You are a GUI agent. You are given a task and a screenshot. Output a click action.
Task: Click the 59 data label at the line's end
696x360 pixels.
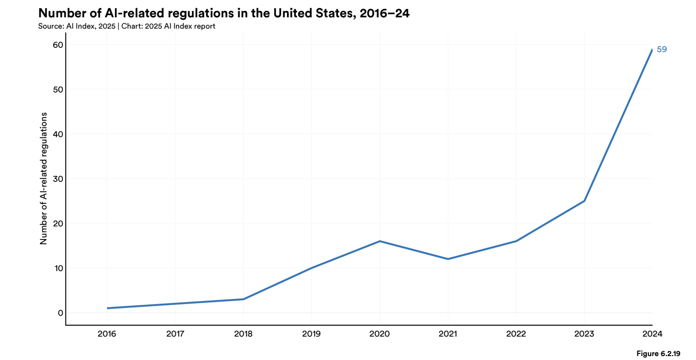(x=661, y=49)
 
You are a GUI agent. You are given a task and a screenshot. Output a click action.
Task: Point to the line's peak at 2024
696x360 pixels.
(x=652, y=50)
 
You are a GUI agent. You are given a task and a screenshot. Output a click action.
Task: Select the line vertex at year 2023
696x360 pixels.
(x=584, y=201)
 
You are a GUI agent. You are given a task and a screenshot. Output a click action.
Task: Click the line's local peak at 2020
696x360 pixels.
(x=380, y=241)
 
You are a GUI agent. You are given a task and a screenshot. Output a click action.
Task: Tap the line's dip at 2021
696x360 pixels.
(x=448, y=259)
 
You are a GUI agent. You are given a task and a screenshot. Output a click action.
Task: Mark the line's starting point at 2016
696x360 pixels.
(x=108, y=308)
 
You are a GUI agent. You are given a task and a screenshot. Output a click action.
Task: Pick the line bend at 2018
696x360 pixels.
(x=243, y=299)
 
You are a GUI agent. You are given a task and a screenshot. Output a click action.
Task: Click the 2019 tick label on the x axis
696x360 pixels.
(x=311, y=334)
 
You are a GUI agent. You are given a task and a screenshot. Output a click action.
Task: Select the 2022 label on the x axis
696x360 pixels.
(x=516, y=334)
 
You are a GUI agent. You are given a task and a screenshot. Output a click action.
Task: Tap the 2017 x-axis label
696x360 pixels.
(x=175, y=334)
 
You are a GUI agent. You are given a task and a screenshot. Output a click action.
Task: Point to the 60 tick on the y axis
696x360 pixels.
(x=58, y=45)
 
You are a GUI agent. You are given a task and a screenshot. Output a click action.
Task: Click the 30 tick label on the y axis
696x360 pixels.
(x=58, y=179)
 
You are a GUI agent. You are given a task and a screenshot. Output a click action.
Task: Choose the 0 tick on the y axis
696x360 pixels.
(x=60, y=313)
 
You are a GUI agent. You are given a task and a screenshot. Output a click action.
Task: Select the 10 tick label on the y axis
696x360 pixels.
(x=59, y=268)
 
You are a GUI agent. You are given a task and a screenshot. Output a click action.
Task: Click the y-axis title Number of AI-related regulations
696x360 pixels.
(x=43, y=178)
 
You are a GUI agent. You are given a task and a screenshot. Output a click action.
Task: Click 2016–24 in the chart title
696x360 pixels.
(x=384, y=13)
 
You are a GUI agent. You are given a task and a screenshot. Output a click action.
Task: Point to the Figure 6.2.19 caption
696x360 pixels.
(x=658, y=353)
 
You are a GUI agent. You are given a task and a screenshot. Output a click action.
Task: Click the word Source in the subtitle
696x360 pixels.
(x=50, y=26)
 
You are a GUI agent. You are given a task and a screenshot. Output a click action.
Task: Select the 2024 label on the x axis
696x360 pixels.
(x=652, y=334)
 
